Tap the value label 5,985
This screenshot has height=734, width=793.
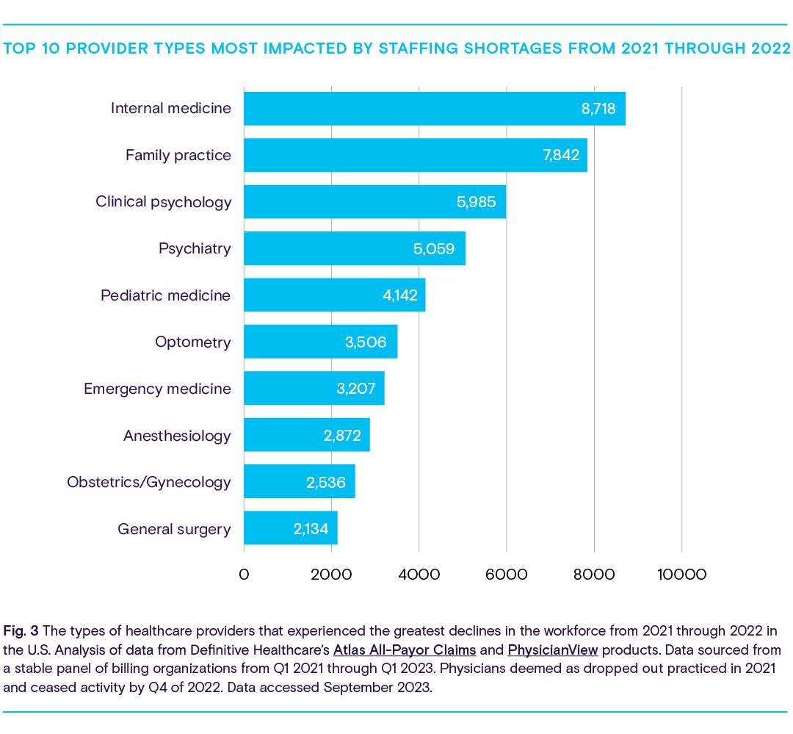[x=477, y=202]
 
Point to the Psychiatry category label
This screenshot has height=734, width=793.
[x=195, y=248]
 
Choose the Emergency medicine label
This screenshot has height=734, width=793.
[x=157, y=389]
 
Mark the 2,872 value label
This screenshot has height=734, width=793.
[x=342, y=436]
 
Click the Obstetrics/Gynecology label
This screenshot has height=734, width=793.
[x=149, y=482]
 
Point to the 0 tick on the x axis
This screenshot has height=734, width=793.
[x=244, y=575]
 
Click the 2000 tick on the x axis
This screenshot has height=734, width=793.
[x=331, y=575]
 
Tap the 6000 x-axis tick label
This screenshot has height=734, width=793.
[x=506, y=575]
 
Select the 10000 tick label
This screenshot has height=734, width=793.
[x=681, y=575]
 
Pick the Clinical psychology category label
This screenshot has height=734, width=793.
[x=163, y=202]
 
